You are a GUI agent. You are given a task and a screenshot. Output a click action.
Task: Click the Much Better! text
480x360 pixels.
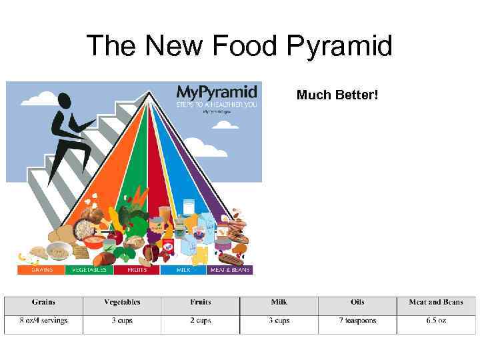pos(337,95)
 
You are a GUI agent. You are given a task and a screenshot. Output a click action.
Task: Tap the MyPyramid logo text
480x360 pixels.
pos(217,93)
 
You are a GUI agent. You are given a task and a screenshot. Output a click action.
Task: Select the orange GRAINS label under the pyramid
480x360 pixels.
pos(41,270)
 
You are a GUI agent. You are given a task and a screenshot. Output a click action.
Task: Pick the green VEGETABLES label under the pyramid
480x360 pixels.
pos(89,270)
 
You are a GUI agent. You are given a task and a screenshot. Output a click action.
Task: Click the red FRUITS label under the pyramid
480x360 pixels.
pos(136,270)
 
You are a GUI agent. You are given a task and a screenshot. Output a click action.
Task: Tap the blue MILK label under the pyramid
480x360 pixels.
pos(184,270)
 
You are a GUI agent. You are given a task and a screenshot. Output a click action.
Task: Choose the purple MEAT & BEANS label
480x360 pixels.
pos(230,270)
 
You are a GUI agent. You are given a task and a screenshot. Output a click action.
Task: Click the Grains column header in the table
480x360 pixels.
pos(43,302)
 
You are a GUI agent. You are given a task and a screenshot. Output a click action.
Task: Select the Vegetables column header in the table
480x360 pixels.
pos(122,302)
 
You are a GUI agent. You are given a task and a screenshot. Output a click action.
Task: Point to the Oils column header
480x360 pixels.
pos(357,302)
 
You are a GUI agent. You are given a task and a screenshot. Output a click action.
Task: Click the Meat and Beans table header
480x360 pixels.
pos(436,302)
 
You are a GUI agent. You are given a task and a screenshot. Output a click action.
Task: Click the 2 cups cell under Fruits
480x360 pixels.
pos(200,321)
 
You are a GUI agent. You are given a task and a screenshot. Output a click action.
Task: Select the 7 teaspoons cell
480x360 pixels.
pos(357,321)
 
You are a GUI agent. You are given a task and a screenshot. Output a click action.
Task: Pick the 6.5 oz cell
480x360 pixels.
pos(436,321)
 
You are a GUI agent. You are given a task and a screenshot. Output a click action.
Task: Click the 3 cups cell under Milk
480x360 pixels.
pos(279,321)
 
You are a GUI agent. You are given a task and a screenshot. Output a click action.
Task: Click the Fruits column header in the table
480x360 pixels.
pos(200,302)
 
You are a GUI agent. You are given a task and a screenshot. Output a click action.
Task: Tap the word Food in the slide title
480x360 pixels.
pos(245,47)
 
